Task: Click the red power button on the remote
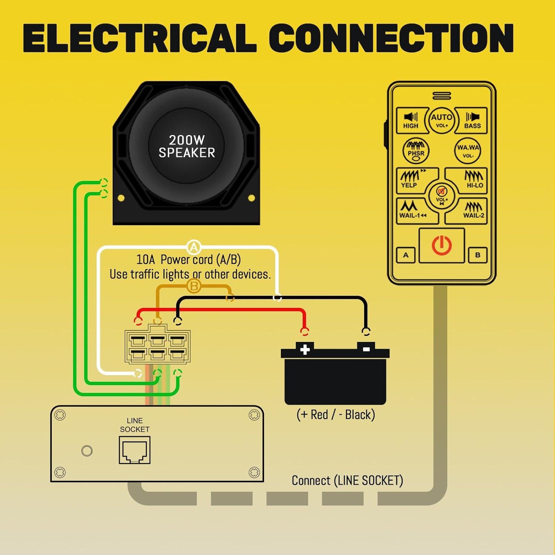coord(441,246)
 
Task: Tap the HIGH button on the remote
coord(411,120)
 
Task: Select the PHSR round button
coord(416,151)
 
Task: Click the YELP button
coord(411,180)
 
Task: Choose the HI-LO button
coord(473,180)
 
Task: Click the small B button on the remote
coord(478,255)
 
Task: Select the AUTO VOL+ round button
coord(441,120)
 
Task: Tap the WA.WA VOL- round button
coord(468,151)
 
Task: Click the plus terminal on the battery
coord(305,349)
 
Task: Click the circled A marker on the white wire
coord(194,247)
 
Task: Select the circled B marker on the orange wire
coord(194,286)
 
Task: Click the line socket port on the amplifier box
coord(134,450)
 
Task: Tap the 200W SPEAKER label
coord(187,147)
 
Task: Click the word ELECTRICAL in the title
coord(140,38)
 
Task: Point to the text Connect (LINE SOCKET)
coord(347,481)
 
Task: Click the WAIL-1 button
coord(412,211)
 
